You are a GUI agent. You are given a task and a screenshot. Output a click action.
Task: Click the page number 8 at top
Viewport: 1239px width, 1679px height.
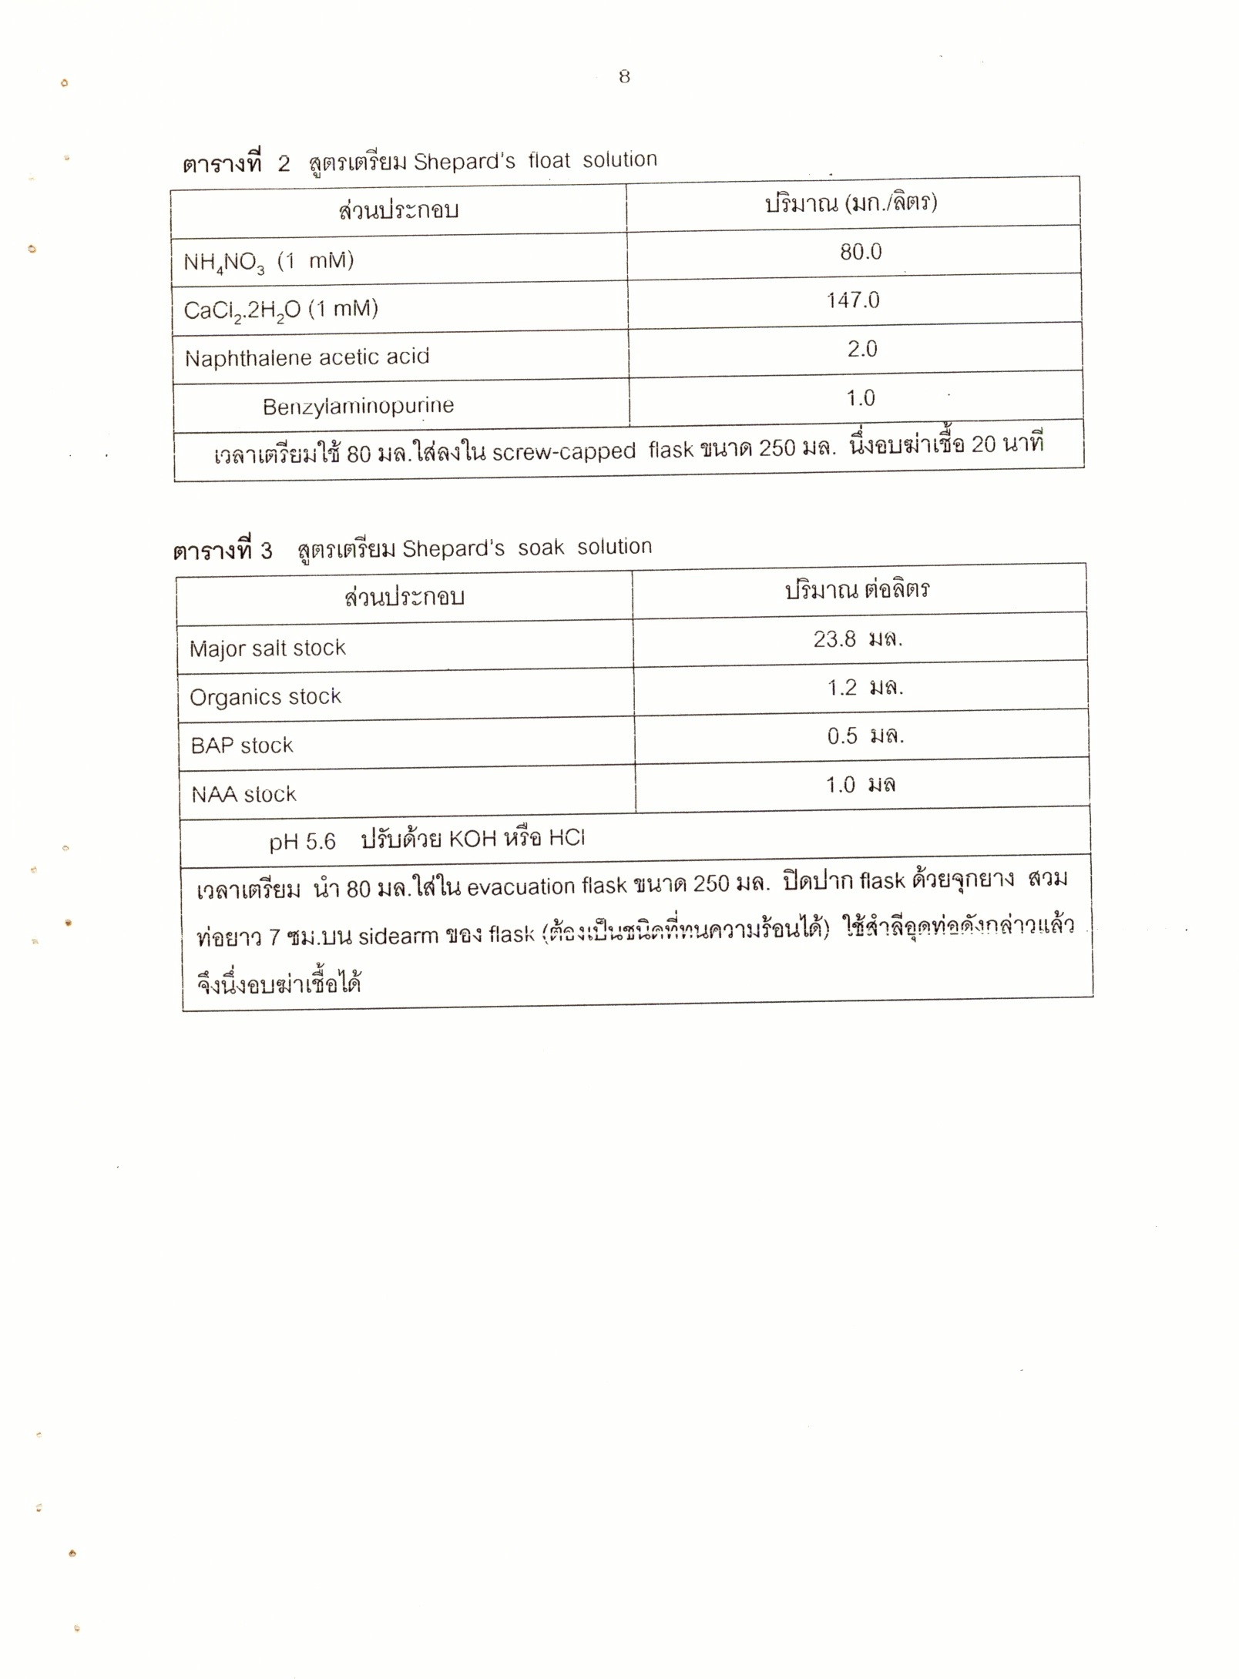point(624,76)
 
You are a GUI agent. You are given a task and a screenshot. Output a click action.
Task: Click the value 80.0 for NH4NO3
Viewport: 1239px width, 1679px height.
point(861,252)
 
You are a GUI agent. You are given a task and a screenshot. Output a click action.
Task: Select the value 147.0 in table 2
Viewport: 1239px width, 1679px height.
point(853,300)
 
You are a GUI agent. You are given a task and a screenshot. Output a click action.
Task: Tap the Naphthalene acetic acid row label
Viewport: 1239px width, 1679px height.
point(307,357)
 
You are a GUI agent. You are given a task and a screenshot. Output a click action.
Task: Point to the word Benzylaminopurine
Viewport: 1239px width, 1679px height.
point(358,406)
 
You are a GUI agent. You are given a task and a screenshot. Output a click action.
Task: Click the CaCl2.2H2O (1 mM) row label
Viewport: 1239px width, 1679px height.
point(280,310)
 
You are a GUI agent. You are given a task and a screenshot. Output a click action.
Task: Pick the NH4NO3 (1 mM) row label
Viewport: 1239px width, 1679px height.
point(268,262)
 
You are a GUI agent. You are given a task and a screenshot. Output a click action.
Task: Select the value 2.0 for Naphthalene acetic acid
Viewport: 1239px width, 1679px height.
point(862,349)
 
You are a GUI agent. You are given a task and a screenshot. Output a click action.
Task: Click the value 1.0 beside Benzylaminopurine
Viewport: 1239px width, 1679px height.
point(861,398)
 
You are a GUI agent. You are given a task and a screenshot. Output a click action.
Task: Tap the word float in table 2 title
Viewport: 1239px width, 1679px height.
point(549,160)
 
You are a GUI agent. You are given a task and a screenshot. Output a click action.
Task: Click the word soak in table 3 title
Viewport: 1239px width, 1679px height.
point(540,548)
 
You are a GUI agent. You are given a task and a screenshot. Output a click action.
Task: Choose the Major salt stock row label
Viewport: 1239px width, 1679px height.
point(267,648)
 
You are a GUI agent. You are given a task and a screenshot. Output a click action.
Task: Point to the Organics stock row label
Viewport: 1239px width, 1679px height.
point(265,697)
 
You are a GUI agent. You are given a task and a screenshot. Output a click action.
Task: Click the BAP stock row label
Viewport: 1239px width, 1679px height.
point(242,746)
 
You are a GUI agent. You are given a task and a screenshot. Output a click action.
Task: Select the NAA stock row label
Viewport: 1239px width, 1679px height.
point(243,794)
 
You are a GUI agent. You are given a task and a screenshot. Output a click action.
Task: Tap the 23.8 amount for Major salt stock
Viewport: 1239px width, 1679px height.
point(834,638)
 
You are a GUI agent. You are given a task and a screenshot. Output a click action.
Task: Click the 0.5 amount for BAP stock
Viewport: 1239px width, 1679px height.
point(842,736)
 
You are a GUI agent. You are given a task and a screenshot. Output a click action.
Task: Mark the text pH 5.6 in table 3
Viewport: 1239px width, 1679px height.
point(302,841)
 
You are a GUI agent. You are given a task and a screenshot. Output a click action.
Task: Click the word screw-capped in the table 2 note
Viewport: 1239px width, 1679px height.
point(563,451)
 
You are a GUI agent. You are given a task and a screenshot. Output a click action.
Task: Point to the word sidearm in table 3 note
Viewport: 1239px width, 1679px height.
point(391,936)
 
